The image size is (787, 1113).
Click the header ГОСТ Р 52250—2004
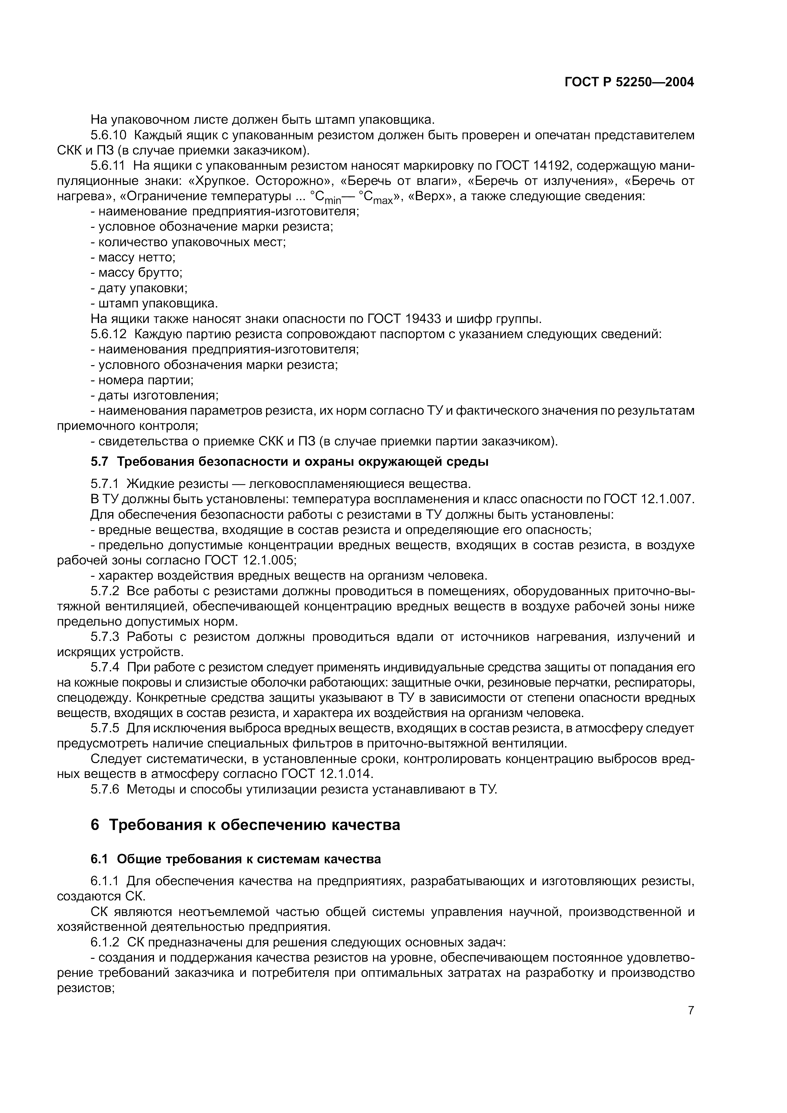(x=629, y=82)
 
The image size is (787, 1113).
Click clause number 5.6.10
(x=108, y=135)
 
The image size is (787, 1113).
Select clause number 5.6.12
(x=108, y=334)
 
